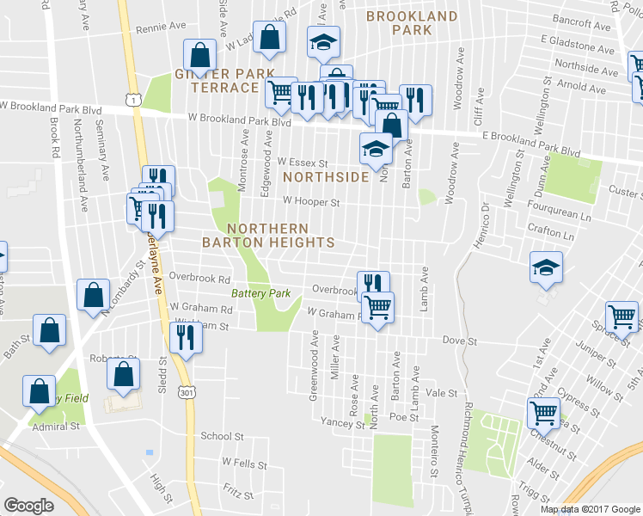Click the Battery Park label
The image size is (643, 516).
[x=266, y=293]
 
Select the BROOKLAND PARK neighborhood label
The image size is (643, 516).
[x=412, y=23]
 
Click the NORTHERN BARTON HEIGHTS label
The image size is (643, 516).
[x=267, y=235]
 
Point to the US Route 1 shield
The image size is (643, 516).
[x=132, y=101]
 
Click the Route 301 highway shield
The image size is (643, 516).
[x=188, y=392]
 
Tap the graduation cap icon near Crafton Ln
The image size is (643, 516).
[x=546, y=267]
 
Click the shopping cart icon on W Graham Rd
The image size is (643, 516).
[x=377, y=306]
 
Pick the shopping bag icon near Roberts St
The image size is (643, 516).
[x=124, y=373]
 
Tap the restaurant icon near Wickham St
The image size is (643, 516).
[x=185, y=338]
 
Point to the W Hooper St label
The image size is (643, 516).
[x=312, y=203]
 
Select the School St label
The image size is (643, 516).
[x=217, y=436]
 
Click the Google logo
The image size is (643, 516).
[x=28, y=506]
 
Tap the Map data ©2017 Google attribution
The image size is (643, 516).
[x=591, y=509]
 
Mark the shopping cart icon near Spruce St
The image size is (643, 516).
[x=622, y=316]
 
